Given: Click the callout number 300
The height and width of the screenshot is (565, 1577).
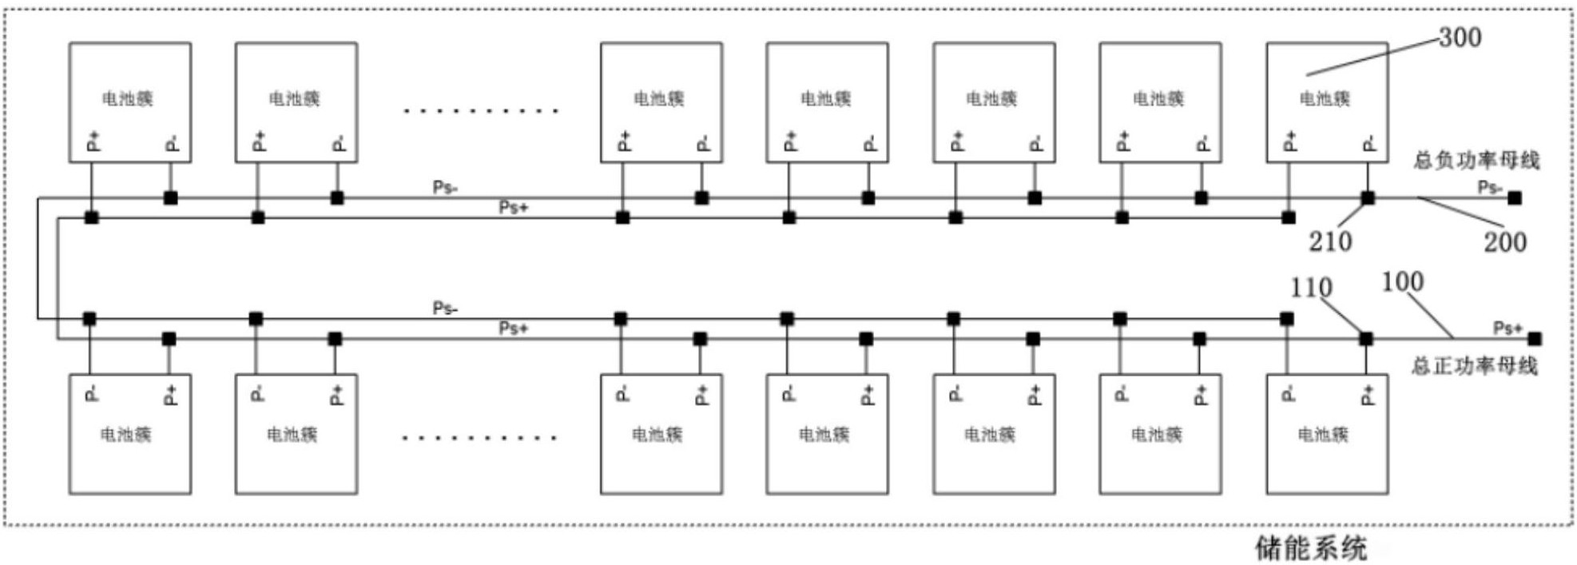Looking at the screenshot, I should [1460, 38].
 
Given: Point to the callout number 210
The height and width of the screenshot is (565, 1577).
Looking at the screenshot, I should [1330, 241].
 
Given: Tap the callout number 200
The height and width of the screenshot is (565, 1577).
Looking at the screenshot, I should [1505, 242].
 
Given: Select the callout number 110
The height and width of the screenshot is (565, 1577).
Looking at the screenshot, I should [1311, 288].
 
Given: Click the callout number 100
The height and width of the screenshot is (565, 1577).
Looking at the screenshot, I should [1402, 282].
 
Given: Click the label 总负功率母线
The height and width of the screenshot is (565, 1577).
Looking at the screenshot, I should [1476, 161].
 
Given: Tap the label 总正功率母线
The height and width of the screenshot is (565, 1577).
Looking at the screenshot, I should [1474, 366].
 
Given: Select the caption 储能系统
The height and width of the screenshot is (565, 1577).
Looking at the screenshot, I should [1311, 548].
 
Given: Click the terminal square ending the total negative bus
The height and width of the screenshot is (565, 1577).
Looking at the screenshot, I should [1515, 198].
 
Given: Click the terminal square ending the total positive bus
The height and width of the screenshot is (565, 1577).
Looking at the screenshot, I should [1534, 339].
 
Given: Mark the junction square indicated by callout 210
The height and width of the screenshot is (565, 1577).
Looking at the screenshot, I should [1368, 198].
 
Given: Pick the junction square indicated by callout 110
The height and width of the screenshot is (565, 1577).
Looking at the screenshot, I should [1366, 339].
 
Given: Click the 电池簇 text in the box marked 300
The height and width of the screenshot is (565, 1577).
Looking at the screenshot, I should [1325, 99].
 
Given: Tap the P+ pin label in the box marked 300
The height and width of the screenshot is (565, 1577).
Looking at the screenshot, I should [1289, 142].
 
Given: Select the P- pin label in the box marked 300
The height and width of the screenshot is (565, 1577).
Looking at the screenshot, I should [1369, 144].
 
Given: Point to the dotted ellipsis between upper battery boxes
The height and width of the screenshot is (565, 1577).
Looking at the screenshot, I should [480, 110].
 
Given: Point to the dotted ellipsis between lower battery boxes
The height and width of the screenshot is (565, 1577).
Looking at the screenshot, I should [479, 438].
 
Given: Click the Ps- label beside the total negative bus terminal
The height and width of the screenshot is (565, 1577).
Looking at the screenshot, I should [1489, 188].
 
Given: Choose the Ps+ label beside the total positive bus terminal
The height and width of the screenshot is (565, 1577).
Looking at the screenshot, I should [1507, 328].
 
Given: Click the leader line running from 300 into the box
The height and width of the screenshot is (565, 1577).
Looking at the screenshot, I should [1372, 57].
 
